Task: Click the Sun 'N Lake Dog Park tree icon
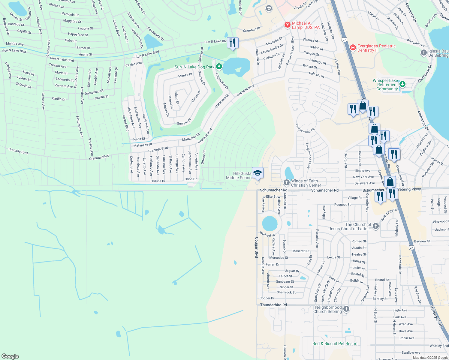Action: pyautogui.click(x=219, y=66)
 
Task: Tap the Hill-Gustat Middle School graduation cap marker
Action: pyautogui.click(x=258, y=173)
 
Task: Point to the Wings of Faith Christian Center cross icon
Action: pyautogui.click(x=286, y=182)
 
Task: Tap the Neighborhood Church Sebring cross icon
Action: pyautogui.click(x=346, y=309)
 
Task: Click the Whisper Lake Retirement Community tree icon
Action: pyautogui.click(x=402, y=84)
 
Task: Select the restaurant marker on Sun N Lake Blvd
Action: pyautogui.click(x=233, y=43)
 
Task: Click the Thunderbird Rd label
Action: pyautogui.click(x=273, y=305)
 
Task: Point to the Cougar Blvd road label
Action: pyautogui.click(x=257, y=247)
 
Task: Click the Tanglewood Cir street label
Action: pyautogui.click(x=305, y=129)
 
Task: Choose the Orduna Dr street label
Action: pyautogui.click(x=158, y=181)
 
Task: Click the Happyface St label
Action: pyautogui.click(x=78, y=34)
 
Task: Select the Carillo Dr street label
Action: pyautogui.click(x=59, y=99)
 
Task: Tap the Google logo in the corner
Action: pyautogui.click(x=10, y=356)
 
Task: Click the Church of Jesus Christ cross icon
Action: pyautogui.click(x=375, y=226)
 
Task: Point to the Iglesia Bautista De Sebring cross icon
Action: pyautogui.click(x=423, y=53)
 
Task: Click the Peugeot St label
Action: pyautogui.click(x=342, y=205)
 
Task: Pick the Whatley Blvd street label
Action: pyautogui.click(x=439, y=346)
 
